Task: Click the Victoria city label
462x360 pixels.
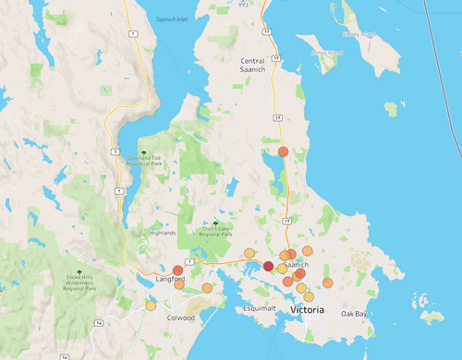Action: tap(308, 310)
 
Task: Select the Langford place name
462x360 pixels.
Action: tap(169, 279)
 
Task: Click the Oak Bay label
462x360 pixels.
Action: tap(354, 314)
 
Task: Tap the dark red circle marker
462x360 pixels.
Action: tap(268, 266)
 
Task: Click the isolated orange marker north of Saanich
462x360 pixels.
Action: tap(283, 151)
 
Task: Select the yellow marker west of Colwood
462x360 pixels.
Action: tap(151, 306)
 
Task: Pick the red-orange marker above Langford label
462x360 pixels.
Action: tap(178, 270)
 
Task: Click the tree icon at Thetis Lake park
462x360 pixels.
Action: tap(216, 223)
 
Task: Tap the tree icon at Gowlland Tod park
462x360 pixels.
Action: tap(144, 152)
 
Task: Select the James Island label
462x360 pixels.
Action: tap(326, 54)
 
